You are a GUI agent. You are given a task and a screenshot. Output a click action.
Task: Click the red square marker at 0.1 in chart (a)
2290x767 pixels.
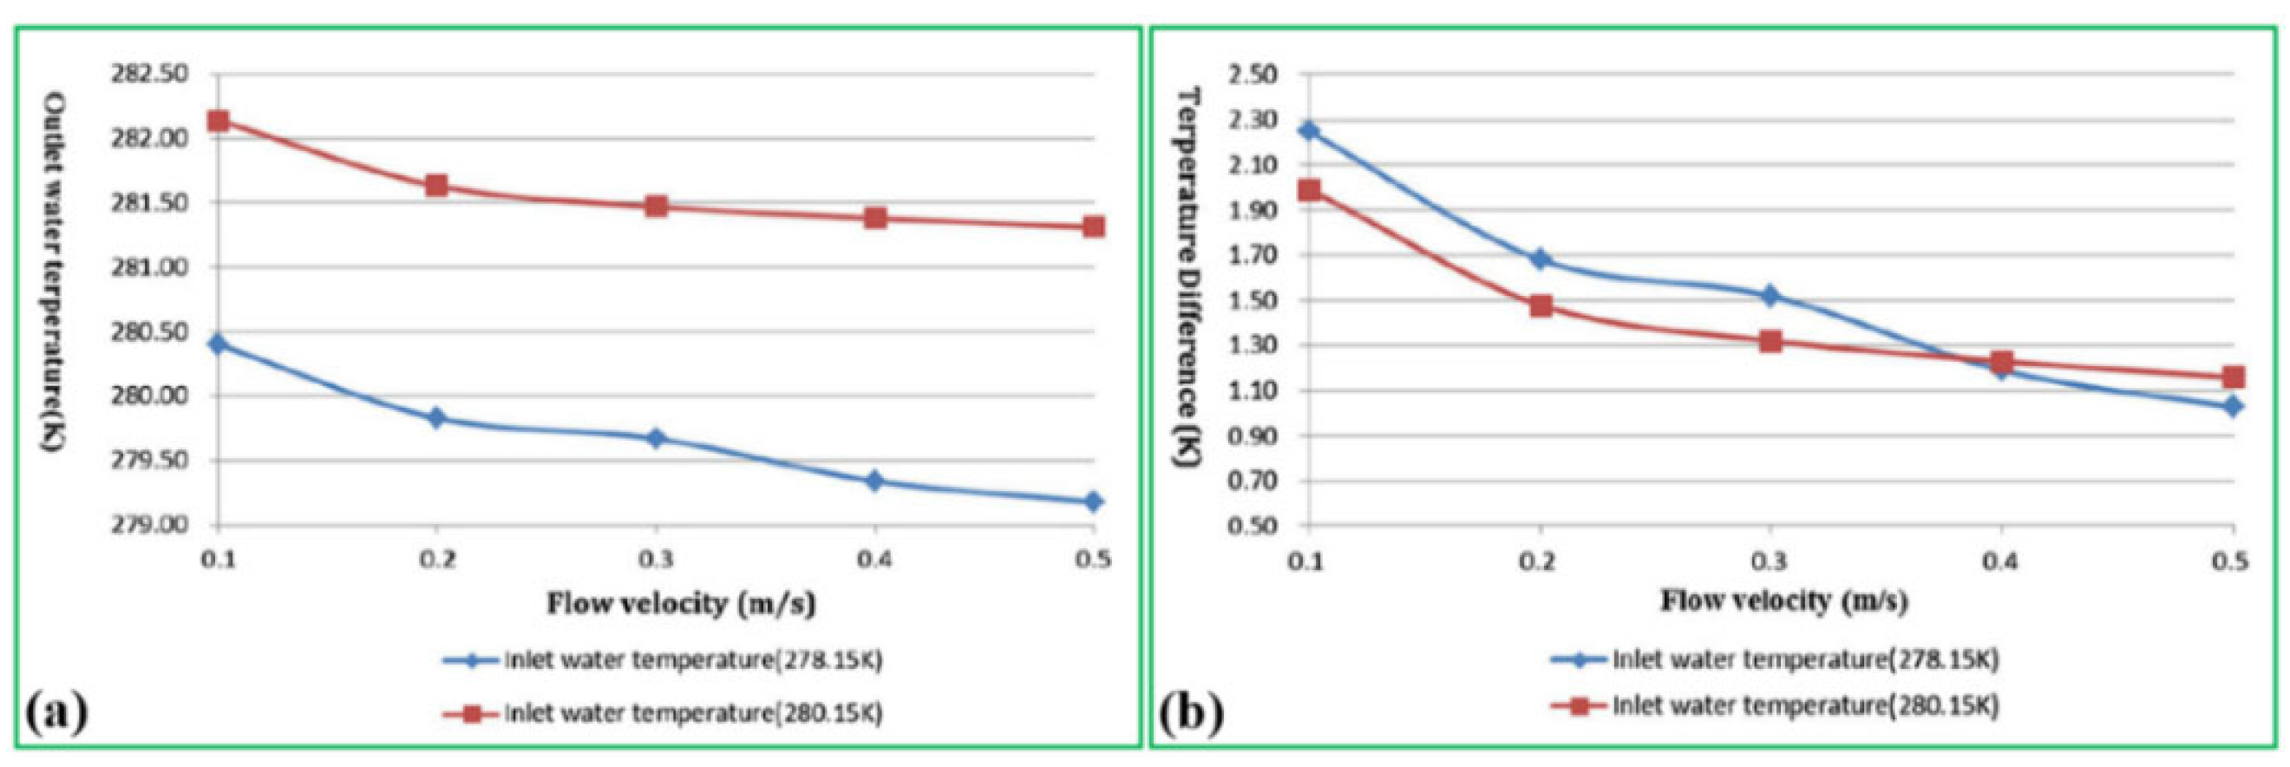[x=218, y=121]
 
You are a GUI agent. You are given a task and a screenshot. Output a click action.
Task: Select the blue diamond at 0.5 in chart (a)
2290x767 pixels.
[x=1093, y=501]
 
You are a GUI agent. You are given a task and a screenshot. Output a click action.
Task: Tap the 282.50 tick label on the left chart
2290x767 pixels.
[x=149, y=74]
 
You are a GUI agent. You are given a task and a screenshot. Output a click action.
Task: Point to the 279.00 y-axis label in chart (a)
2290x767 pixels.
[x=149, y=524]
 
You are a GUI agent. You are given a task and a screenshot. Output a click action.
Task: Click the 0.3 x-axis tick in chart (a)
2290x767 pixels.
[x=655, y=559]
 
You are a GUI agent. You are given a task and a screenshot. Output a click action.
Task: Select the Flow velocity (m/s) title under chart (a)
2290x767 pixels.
[x=681, y=604]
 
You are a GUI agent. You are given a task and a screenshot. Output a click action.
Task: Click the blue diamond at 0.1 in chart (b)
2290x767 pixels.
[x=1309, y=131]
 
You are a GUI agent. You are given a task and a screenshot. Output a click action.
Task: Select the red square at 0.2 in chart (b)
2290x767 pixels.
[x=1541, y=306]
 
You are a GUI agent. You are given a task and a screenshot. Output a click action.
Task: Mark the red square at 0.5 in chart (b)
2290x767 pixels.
[x=2232, y=377]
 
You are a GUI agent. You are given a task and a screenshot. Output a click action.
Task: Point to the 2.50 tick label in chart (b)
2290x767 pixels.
[x=1253, y=74]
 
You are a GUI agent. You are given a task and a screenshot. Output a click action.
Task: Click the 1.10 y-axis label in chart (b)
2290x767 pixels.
[x=1253, y=390]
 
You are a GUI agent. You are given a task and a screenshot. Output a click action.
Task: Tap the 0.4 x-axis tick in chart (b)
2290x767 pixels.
[x=2001, y=561]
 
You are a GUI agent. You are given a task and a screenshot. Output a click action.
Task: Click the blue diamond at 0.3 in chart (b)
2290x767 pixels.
[x=1770, y=295]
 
